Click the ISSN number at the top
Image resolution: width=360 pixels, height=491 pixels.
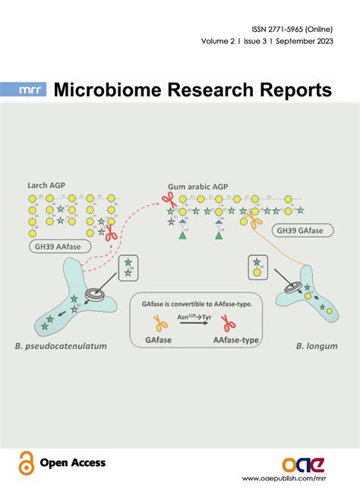click(292, 25)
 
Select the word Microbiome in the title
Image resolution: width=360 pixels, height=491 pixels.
click(106, 91)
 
